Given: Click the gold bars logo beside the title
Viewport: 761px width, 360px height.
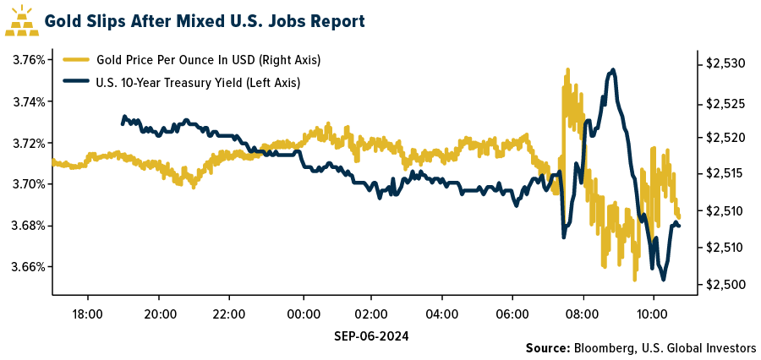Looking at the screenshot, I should (x=21, y=20).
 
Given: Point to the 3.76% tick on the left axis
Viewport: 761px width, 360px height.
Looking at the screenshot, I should (x=27, y=60).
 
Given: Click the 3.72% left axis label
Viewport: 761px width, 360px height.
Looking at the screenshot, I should (x=27, y=143).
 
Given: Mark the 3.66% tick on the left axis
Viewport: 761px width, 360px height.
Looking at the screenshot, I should (x=27, y=267).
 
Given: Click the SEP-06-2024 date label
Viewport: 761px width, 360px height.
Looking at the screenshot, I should (x=372, y=335).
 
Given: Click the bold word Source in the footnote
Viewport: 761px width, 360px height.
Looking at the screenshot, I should (x=547, y=348).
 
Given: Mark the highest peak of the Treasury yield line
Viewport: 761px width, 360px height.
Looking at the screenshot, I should (x=613, y=69).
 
